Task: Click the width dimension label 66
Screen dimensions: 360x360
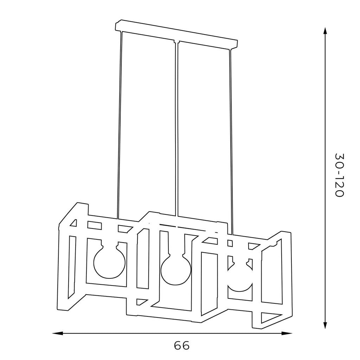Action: pos(182,345)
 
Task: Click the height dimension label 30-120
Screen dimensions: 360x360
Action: pos(339,175)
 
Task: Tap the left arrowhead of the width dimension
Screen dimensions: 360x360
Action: pos(58,333)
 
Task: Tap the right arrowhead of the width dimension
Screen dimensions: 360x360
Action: pos(287,333)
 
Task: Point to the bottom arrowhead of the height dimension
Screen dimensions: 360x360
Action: pos(325,323)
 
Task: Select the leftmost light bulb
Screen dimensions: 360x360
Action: pos(110,261)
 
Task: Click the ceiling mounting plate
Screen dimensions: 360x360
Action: pos(176,34)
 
